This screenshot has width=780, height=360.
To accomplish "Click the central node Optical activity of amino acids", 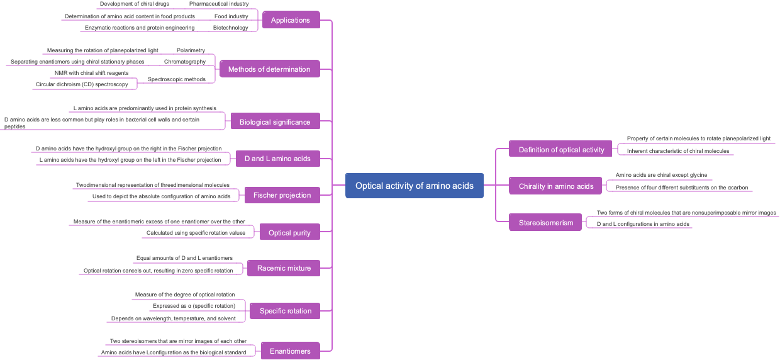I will (x=414, y=186).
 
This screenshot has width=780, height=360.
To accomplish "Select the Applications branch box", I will (x=290, y=20).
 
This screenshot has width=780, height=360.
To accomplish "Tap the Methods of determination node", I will (x=269, y=69).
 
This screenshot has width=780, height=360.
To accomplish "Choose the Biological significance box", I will (x=275, y=122).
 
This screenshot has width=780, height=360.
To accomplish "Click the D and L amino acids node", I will (x=277, y=159).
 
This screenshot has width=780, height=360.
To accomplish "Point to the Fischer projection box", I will (x=282, y=195).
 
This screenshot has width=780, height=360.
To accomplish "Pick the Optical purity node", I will (x=289, y=233).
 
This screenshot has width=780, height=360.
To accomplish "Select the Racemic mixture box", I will (x=284, y=268).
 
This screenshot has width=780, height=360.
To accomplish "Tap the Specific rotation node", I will (x=286, y=311).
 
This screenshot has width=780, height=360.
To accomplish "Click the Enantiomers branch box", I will (x=290, y=351).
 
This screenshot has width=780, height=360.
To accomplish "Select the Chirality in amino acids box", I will (x=556, y=186).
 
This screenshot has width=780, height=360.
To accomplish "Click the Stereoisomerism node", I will (x=546, y=223).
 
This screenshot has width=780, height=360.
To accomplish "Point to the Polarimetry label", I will (x=191, y=50).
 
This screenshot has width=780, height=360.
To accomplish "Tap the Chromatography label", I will (x=185, y=62).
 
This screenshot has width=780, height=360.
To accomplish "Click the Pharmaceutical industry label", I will (x=219, y=4).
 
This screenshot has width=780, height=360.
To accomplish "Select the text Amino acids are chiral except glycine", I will (x=661, y=175).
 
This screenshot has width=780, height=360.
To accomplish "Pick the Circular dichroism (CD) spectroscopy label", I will (x=82, y=84).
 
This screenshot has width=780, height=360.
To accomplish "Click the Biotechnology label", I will (x=230, y=28).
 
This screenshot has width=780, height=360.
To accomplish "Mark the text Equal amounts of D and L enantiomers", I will (x=184, y=258).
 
